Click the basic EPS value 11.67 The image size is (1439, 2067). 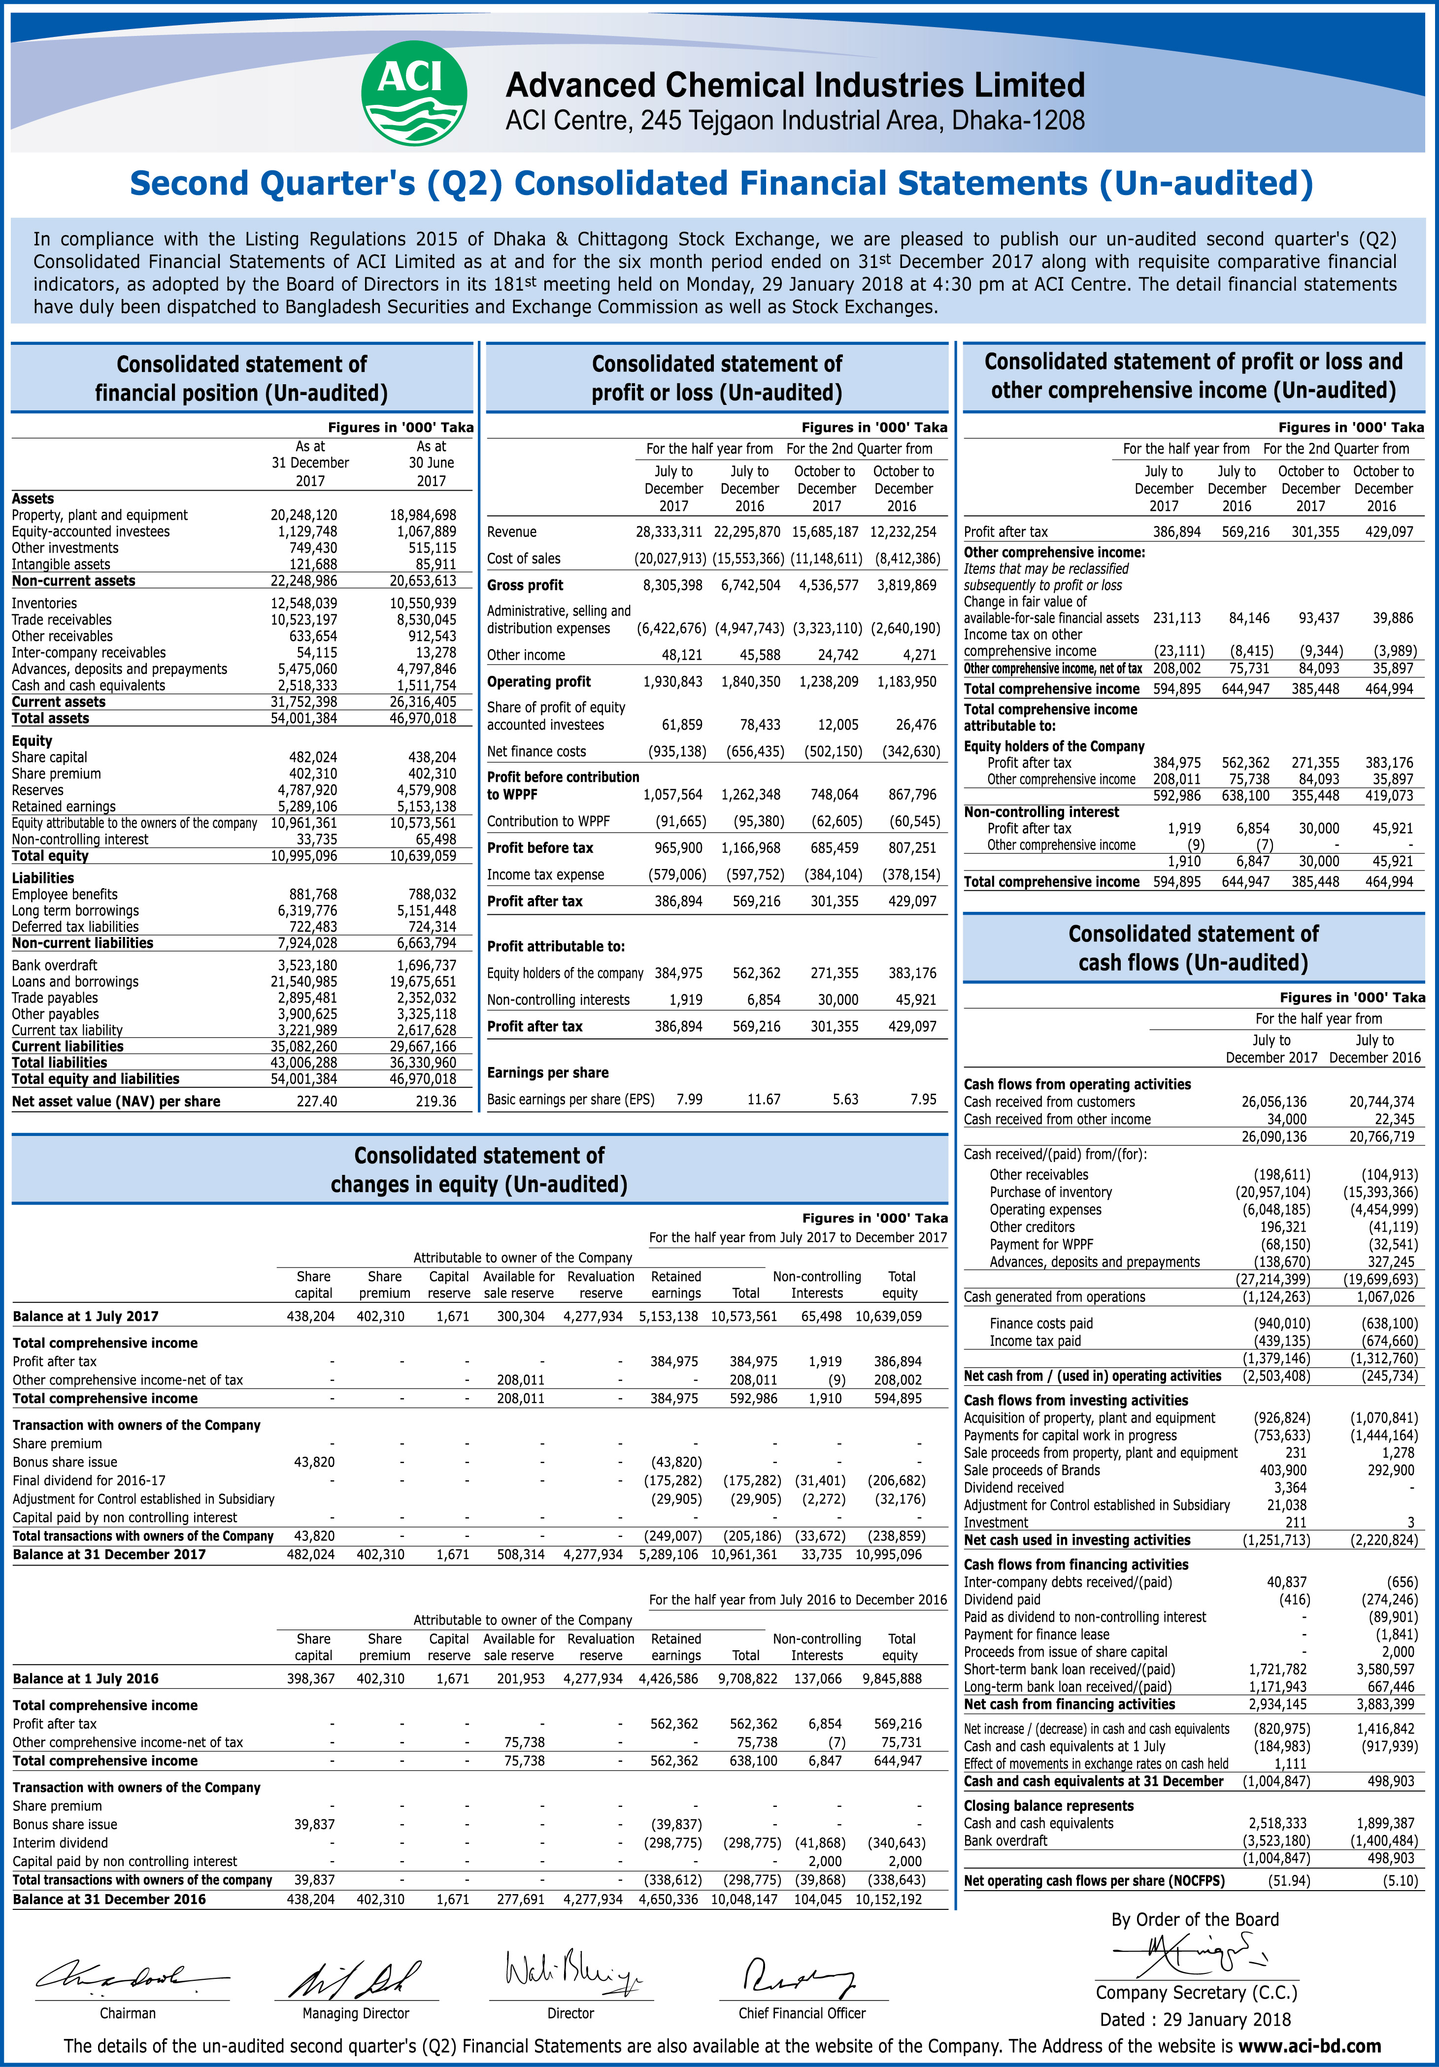click(x=764, y=1099)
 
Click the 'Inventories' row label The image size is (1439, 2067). click(x=44, y=603)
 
